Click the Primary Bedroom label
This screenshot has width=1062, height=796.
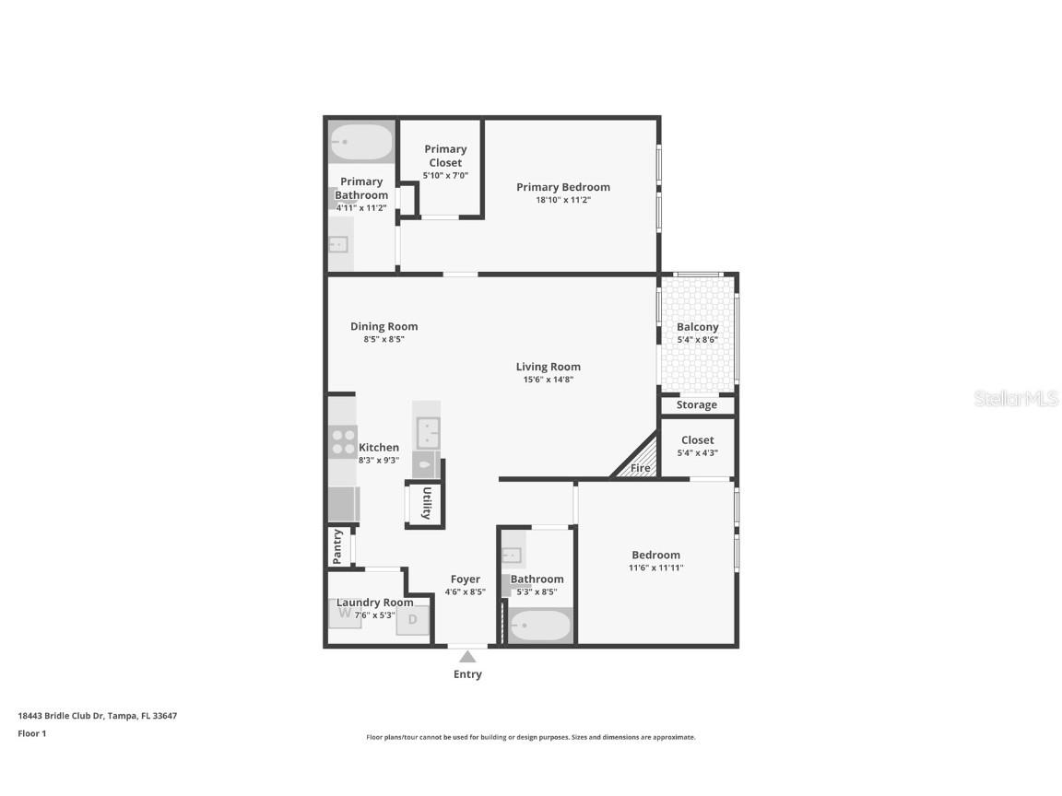[562, 187]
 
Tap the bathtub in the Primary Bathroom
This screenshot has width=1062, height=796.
[361, 143]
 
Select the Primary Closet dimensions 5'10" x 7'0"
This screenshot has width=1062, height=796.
[445, 175]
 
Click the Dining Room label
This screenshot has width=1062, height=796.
[383, 326]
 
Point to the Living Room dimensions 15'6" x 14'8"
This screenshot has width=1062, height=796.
[548, 380]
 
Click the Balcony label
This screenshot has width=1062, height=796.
[697, 327]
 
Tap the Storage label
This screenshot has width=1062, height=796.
[696, 404]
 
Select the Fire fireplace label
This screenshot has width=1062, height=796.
[640, 468]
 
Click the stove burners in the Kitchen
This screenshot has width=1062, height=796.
[344, 441]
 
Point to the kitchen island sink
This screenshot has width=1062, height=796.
[427, 431]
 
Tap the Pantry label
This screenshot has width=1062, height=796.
[337, 546]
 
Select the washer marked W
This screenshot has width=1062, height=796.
[345, 613]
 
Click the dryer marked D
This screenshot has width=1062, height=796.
[412, 620]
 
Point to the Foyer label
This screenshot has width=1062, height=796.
[465, 579]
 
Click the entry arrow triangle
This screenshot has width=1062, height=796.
[467, 657]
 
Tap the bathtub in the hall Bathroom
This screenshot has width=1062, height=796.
[539, 626]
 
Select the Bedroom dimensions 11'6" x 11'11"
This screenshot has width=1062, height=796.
[655, 568]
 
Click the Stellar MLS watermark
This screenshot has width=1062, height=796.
[1016, 398]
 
